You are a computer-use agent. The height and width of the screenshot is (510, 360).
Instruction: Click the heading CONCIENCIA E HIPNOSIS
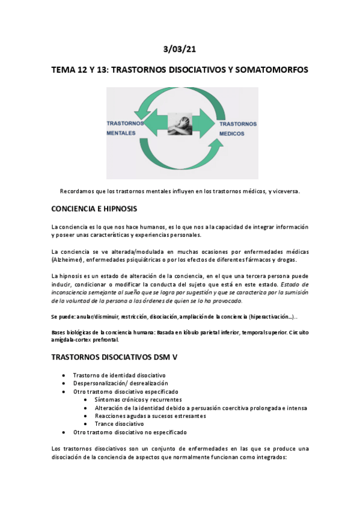[94, 209]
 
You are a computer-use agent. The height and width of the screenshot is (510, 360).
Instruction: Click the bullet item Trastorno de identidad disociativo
[115, 375]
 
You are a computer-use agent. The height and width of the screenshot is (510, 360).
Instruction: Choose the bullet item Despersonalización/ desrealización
[120, 383]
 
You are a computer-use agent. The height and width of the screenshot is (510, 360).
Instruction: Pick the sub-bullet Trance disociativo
[119, 424]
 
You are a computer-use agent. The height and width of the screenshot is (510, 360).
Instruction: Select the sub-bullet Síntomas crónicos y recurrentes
[138, 399]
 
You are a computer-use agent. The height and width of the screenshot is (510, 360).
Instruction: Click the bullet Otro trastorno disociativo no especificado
[130, 432]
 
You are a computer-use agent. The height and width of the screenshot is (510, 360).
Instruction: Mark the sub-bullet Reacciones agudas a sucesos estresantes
[150, 416]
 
